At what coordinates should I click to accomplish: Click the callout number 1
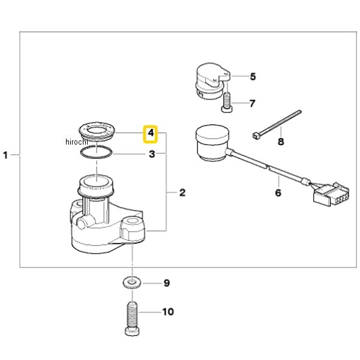click(6, 155)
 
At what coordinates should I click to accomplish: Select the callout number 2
click(182, 193)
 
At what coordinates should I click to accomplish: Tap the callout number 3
click(152, 154)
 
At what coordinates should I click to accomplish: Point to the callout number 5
click(253, 76)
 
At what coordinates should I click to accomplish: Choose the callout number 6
click(278, 193)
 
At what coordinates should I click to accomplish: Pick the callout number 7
click(253, 103)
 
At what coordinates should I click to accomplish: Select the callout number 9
click(167, 283)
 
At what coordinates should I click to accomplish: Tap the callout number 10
click(167, 312)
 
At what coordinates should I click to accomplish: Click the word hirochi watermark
click(77, 142)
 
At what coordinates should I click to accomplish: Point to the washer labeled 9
click(130, 283)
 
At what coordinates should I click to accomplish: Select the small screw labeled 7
click(227, 101)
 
